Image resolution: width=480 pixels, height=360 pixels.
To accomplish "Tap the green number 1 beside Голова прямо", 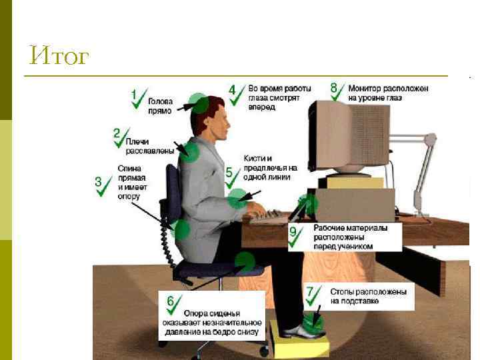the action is click(x=133, y=94).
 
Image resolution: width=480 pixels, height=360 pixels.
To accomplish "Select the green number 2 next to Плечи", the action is click(x=117, y=133).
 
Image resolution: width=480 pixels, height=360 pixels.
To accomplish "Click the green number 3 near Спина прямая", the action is click(x=98, y=181).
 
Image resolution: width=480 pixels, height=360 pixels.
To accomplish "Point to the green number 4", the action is click(x=233, y=90).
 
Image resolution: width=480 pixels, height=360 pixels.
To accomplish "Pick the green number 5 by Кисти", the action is click(x=229, y=172).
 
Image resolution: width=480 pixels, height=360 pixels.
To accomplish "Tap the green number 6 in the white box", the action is click(x=171, y=301).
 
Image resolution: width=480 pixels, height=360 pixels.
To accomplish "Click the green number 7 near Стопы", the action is click(x=310, y=291).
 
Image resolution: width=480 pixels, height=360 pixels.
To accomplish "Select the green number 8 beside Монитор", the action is click(x=334, y=87).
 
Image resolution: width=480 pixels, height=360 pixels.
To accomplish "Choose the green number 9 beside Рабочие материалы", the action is click(x=293, y=232).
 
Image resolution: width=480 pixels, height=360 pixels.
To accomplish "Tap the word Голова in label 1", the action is click(x=161, y=101).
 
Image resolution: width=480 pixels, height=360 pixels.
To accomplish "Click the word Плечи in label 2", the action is click(x=137, y=142).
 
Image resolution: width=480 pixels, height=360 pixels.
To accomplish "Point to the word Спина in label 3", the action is click(x=129, y=169).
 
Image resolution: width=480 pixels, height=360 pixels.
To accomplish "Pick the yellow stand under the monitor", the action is click(x=355, y=183).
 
